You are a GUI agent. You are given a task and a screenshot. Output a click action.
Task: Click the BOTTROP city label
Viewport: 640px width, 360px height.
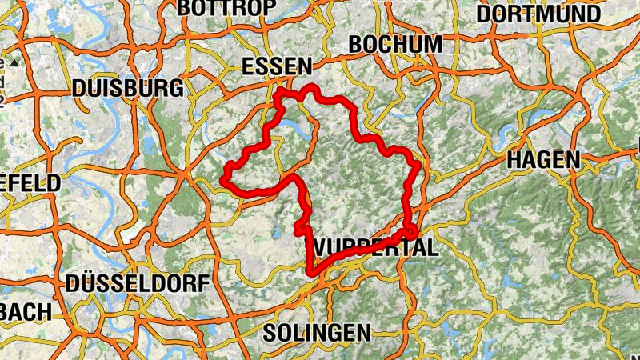(226, 7)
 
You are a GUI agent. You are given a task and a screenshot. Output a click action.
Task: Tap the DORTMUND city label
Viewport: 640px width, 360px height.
(549, 14)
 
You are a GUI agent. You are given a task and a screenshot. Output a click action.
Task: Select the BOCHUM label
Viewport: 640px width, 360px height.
(395, 44)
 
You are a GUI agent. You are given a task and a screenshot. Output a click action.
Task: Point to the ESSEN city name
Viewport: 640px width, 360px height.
(275, 67)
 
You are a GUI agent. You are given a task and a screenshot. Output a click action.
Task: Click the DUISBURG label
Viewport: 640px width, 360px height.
(127, 88)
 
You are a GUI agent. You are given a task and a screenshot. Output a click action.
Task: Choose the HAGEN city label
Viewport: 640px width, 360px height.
(543, 160)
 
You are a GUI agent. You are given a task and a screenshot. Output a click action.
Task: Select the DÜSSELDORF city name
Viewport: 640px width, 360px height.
(138, 283)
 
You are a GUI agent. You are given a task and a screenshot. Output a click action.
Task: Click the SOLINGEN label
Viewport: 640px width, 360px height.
(317, 332)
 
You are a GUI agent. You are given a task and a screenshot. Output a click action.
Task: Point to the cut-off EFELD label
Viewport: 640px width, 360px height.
(30, 183)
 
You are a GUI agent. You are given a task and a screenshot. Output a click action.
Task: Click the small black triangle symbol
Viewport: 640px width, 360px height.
(14, 62)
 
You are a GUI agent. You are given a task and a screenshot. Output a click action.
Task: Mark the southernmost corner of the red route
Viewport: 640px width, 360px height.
(309, 274)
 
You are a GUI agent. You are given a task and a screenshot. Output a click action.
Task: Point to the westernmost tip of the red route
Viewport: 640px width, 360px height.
(224, 175)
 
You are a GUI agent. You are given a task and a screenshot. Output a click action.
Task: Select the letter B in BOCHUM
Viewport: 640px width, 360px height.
(356, 44)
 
